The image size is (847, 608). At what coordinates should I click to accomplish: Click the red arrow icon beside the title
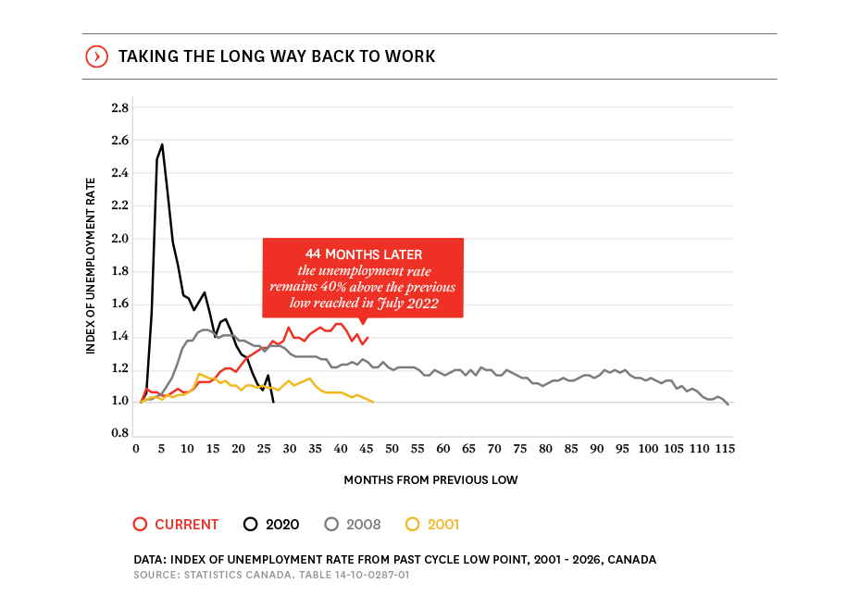[96, 56]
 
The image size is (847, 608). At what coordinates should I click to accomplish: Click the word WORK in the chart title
[413, 57]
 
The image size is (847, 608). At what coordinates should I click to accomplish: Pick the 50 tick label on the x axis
[392, 449]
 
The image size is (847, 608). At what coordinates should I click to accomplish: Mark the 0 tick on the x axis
[136, 449]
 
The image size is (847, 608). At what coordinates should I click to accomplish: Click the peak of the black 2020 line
[162, 144]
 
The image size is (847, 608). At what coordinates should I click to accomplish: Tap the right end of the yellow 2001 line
[372, 402]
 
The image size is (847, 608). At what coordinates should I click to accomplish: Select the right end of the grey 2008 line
[729, 404]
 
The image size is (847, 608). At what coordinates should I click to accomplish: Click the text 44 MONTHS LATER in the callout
[363, 254]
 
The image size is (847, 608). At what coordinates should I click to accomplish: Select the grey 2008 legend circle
[330, 524]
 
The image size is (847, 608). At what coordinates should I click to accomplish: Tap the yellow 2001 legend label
[443, 525]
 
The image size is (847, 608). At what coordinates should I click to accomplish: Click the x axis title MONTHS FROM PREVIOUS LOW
[430, 480]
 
